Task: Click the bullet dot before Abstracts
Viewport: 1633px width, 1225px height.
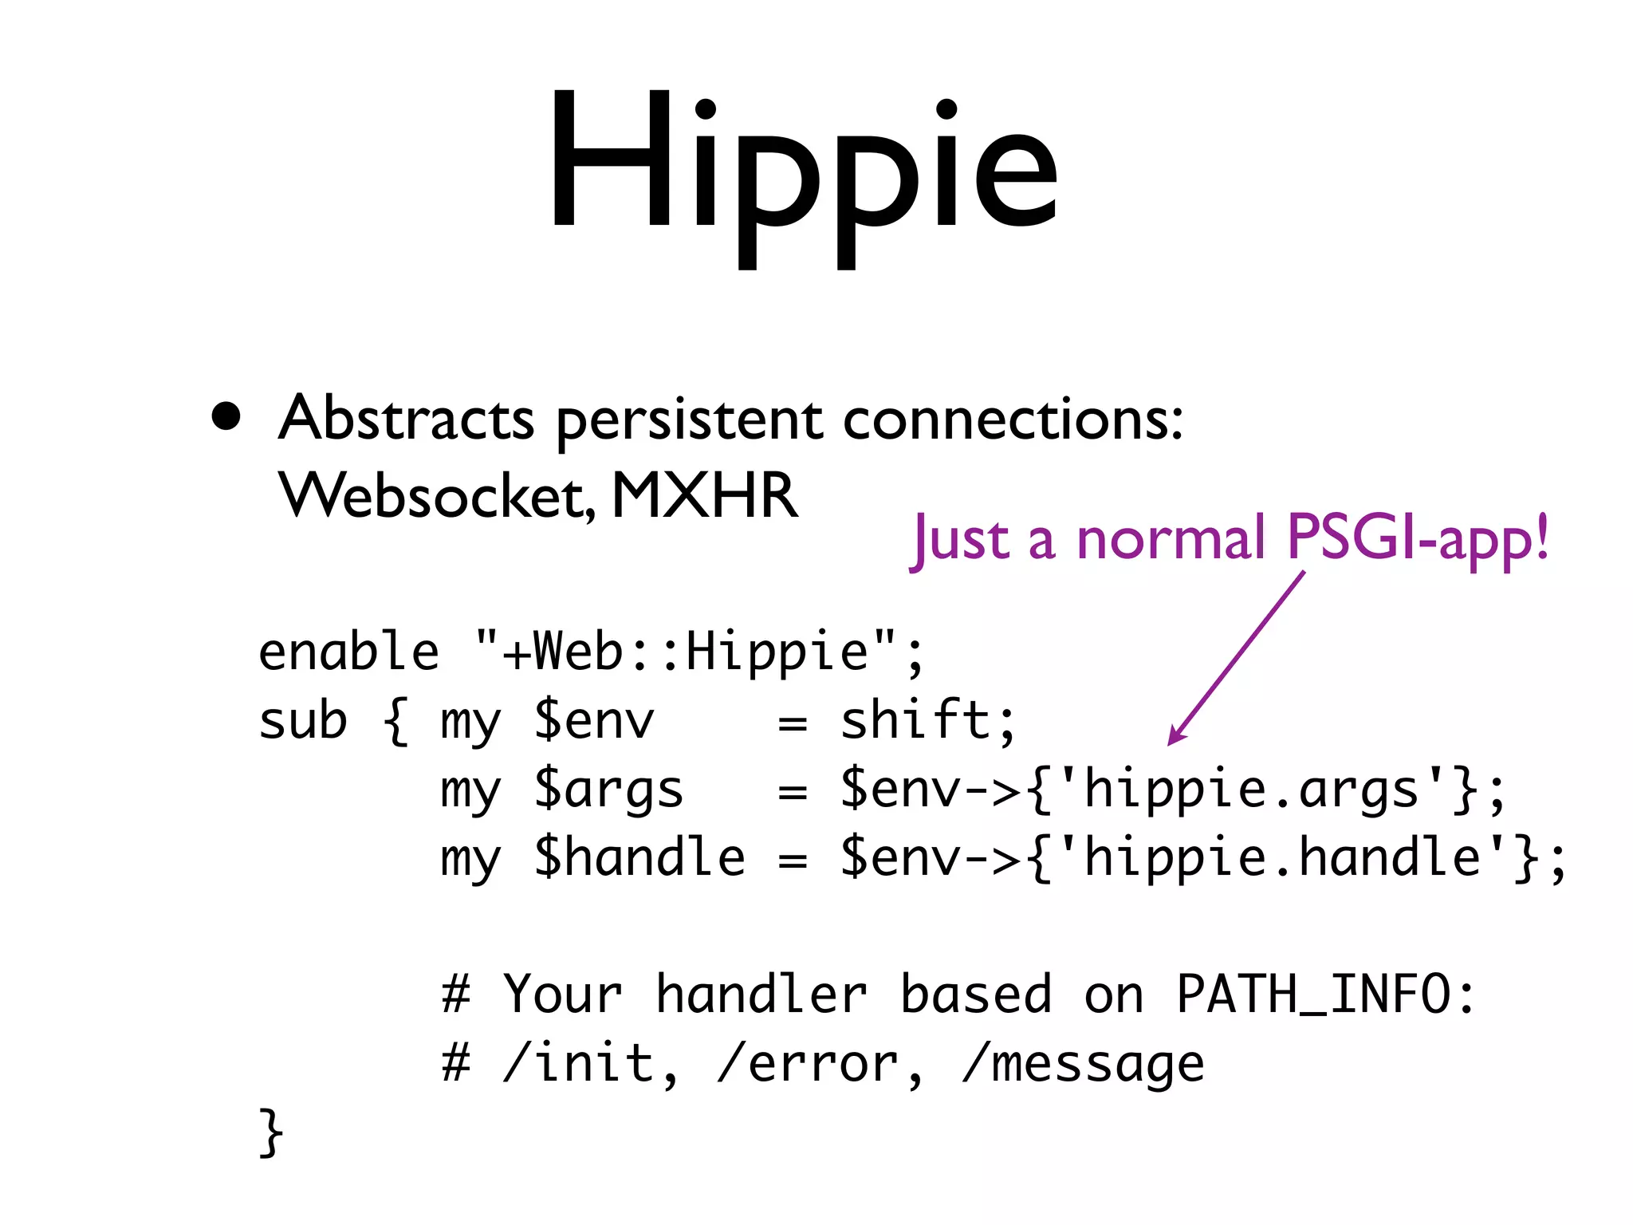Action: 226,416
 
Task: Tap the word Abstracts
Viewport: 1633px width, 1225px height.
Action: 406,418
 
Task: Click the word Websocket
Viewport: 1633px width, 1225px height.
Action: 434,496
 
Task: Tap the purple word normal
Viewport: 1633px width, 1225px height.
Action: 1171,540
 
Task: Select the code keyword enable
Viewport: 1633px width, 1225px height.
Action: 348,652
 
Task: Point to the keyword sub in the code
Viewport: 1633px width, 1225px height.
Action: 303,721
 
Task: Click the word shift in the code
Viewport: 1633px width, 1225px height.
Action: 915,720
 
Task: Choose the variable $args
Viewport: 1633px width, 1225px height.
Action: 608,790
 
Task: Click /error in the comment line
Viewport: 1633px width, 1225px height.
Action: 807,1064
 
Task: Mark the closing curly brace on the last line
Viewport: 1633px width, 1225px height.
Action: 271,1132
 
